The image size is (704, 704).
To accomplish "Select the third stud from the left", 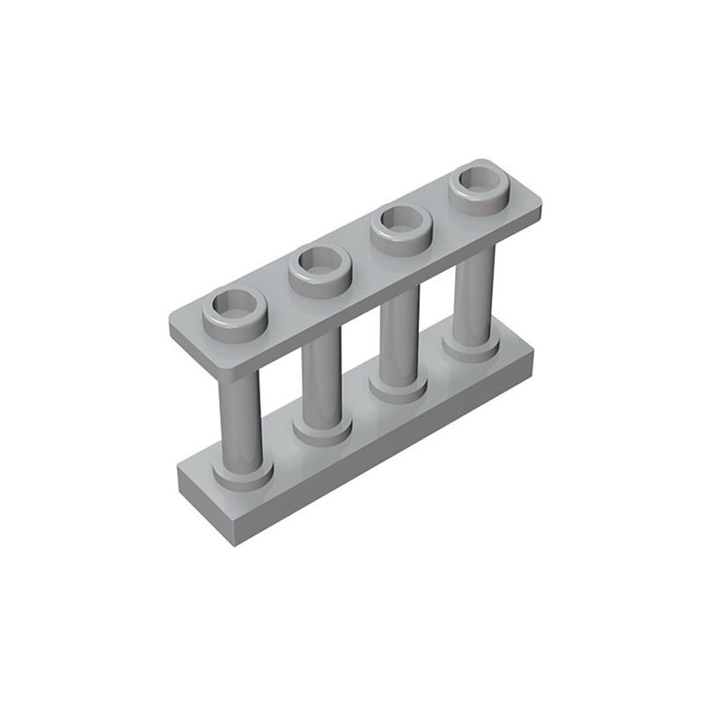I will [401, 229].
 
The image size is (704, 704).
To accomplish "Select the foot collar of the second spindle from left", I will [323, 432].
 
